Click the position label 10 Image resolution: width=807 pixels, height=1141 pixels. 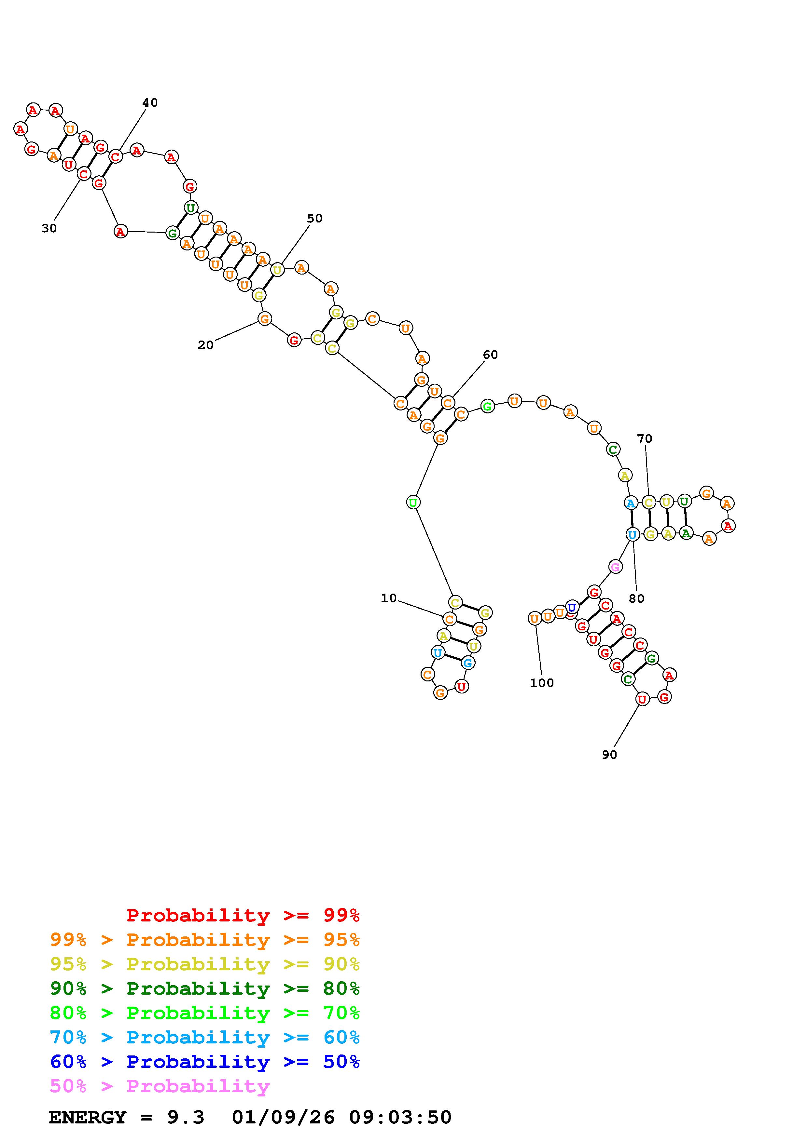[x=388, y=598]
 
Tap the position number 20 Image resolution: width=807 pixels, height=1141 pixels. [x=205, y=345]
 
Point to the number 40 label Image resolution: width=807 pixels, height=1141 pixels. [x=150, y=102]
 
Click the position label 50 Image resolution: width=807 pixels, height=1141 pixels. [x=314, y=218]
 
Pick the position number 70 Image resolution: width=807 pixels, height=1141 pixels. [x=645, y=438]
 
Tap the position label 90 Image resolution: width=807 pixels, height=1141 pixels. [x=609, y=754]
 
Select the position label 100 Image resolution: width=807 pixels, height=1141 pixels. [x=541, y=683]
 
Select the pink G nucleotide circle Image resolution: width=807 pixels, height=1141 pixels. [x=615, y=567]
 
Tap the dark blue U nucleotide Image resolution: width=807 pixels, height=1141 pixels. [x=572, y=607]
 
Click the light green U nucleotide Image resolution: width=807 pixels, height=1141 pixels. [x=413, y=503]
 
